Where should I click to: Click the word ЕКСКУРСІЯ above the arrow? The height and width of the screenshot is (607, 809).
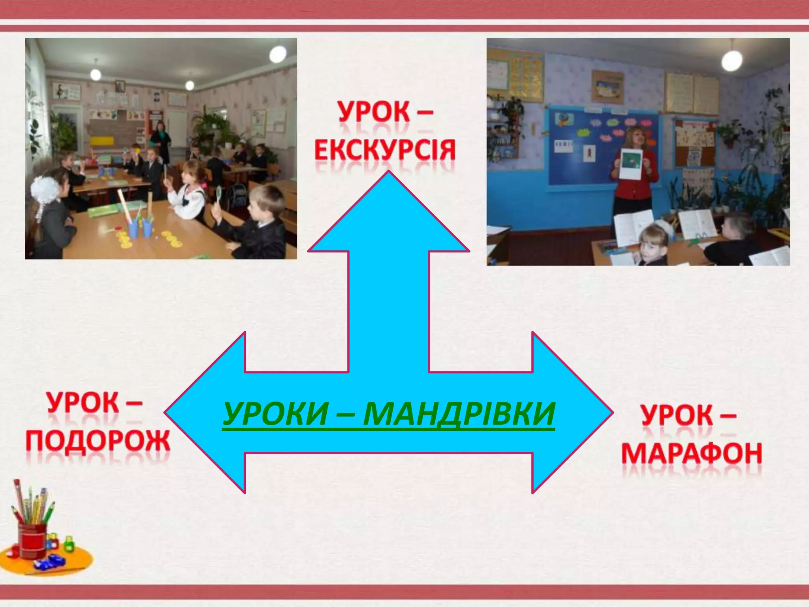385,150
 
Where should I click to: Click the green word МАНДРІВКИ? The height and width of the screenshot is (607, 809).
459,413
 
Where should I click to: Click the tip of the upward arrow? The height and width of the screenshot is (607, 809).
389,172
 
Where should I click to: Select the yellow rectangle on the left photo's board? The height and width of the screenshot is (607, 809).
102,141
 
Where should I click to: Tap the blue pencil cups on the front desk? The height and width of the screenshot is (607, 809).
140,227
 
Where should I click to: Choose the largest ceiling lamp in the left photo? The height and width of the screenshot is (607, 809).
278,53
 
